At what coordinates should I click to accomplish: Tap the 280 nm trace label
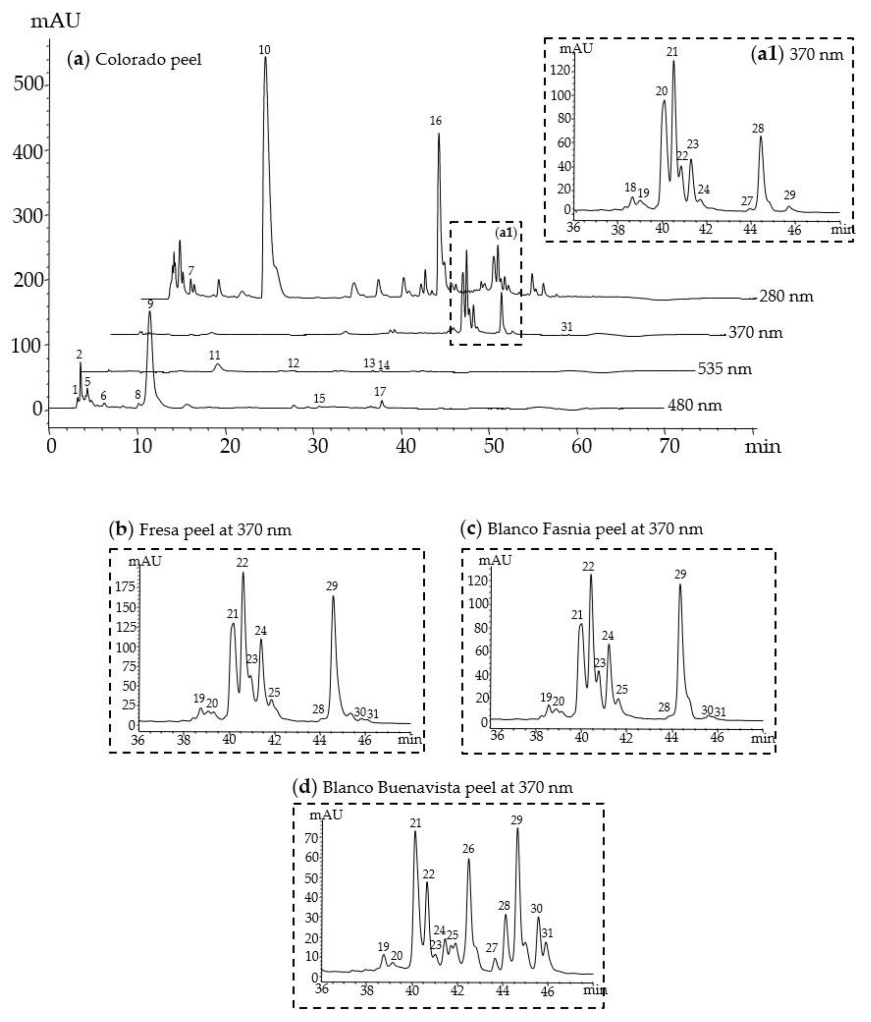tap(786, 296)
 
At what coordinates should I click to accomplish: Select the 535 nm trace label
tap(724, 369)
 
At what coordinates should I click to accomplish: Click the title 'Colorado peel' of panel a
tap(148, 60)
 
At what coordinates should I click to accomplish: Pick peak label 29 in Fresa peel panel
tap(332, 586)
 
